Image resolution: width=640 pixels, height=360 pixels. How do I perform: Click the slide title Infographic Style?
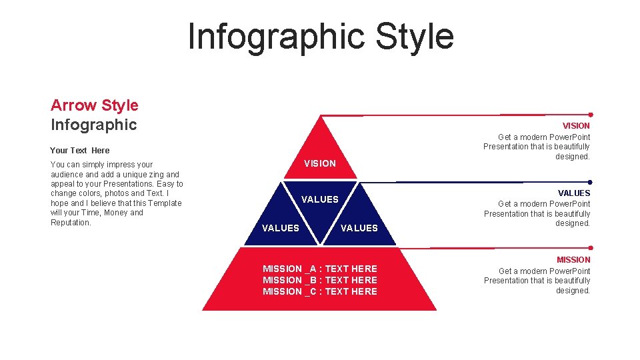click(321, 36)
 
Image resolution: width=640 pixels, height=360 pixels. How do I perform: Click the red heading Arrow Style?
click(95, 105)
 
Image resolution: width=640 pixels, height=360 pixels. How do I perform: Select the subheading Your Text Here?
click(80, 150)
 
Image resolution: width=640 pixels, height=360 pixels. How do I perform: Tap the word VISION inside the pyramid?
click(320, 163)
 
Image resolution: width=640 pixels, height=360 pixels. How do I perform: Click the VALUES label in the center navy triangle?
click(320, 199)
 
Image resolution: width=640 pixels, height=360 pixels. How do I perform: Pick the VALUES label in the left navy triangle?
click(281, 228)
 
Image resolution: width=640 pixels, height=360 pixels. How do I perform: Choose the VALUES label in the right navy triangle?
click(359, 228)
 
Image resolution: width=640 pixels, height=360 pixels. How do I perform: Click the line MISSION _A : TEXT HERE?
click(320, 269)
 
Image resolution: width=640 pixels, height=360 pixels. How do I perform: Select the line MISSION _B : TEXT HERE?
click(320, 280)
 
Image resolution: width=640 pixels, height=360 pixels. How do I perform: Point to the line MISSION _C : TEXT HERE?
click(320, 291)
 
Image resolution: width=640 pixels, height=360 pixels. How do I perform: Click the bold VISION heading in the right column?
click(576, 126)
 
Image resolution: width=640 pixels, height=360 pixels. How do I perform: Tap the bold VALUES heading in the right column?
click(574, 193)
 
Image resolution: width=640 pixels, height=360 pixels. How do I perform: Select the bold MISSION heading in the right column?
click(573, 260)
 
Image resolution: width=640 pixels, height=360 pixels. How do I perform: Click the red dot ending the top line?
click(591, 115)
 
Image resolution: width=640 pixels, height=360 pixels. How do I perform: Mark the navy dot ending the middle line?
click(591, 182)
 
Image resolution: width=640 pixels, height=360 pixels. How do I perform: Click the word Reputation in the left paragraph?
click(70, 223)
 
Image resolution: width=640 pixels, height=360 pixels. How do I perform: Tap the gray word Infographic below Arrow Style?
click(94, 125)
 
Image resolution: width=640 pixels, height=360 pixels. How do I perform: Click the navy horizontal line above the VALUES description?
click(467, 182)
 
